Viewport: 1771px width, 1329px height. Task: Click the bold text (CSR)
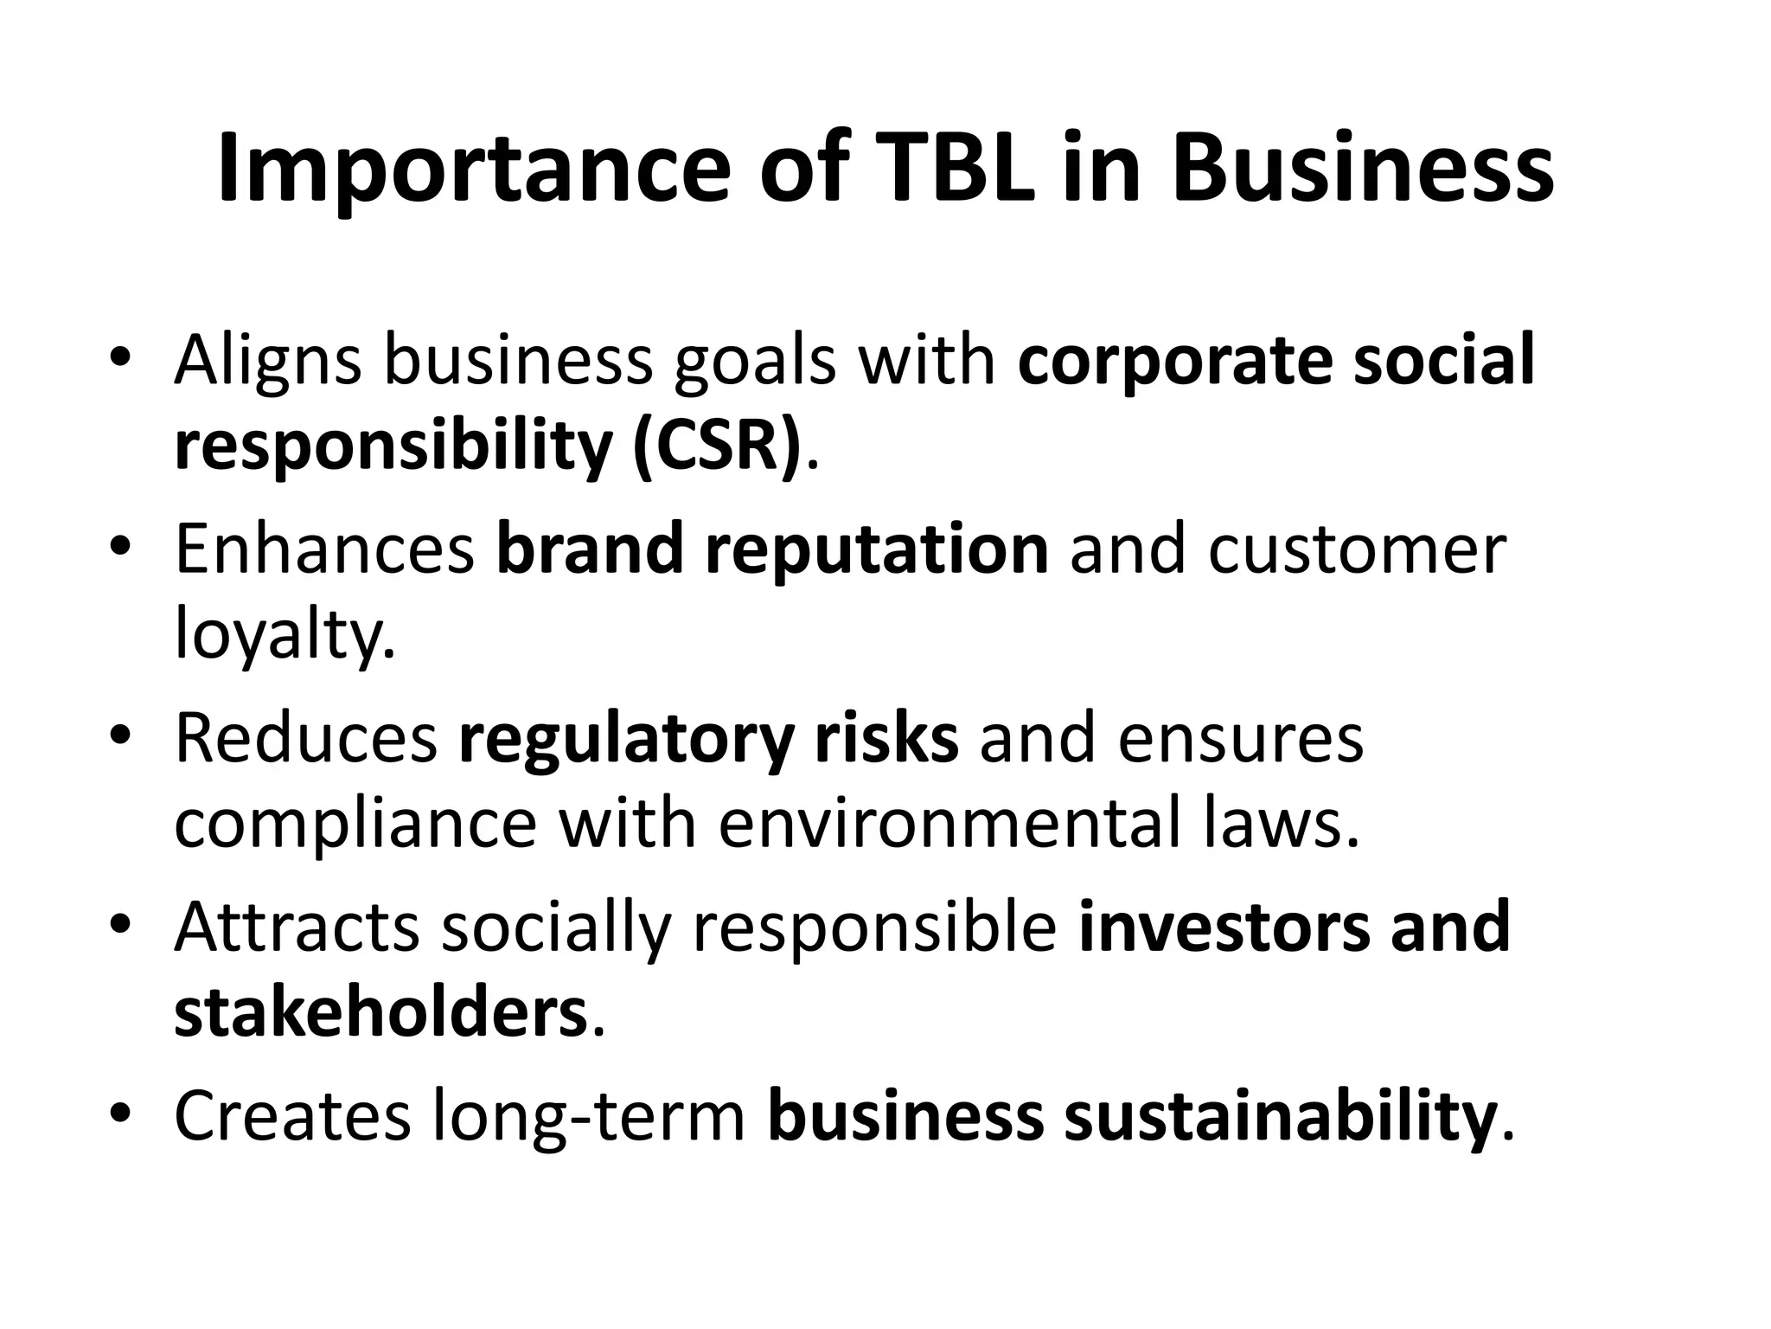pyautogui.click(x=716, y=446)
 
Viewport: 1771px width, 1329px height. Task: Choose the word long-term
pyautogui.click(x=588, y=1116)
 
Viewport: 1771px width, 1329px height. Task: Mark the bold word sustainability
pyautogui.click(x=1280, y=1116)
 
